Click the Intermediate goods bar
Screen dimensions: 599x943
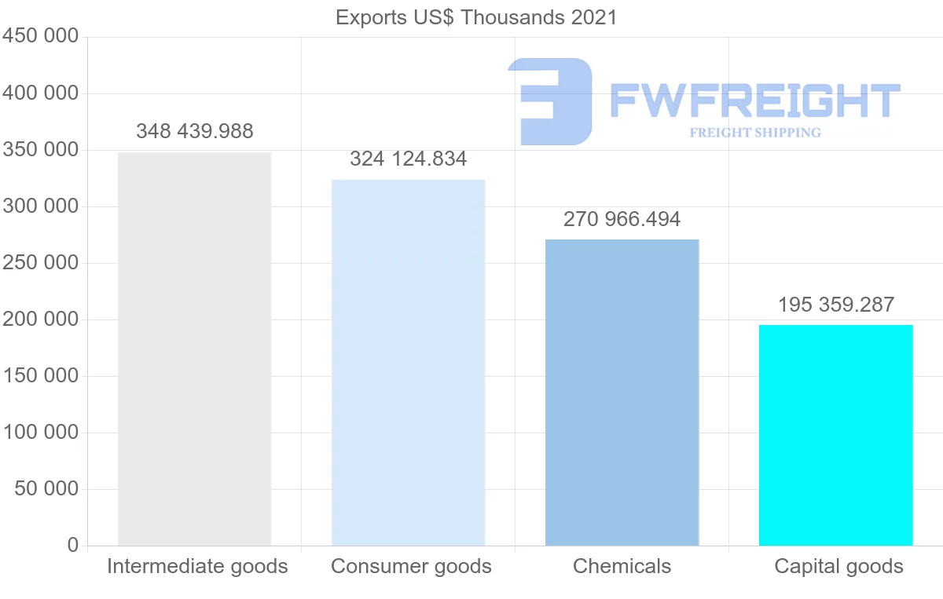click(x=194, y=349)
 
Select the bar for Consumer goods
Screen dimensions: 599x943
click(x=408, y=362)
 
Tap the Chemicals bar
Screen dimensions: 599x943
click(x=622, y=392)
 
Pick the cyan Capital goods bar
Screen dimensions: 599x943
click(x=835, y=435)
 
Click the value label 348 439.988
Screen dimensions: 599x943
click(x=195, y=131)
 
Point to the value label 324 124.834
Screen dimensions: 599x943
click(x=408, y=159)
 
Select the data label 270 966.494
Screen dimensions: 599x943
click(x=622, y=219)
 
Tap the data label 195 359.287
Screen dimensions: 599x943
click(x=836, y=305)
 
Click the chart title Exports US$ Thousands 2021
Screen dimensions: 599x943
click(x=476, y=17)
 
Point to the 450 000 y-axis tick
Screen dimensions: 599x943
click(x=41, y=37)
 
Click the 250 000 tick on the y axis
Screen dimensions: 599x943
click(x=41, y=263)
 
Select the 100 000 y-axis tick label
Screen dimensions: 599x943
click(x=41, y=433)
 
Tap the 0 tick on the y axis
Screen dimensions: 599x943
click(x=73, y=546)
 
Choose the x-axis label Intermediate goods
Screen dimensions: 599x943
click(x=197, y=566)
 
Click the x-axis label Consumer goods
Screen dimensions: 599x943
click(x=411, y=566)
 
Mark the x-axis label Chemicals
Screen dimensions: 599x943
click(x=622, y=566)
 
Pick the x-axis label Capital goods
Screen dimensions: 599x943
click(x=838, y=566)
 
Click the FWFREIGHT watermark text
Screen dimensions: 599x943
click(x=754, y=100)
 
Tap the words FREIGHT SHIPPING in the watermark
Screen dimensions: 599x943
click(x=754, y=133)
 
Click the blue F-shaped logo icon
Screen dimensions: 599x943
click(x=550, y=100)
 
